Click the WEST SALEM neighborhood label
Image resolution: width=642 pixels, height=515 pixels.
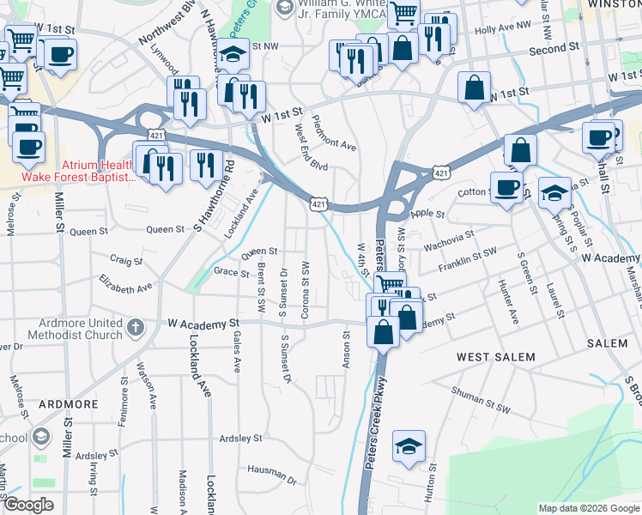pos(495,357)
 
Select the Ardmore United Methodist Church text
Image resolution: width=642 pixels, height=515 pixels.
pos(75,330)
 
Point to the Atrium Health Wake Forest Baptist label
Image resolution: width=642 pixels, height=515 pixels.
pos(98,172)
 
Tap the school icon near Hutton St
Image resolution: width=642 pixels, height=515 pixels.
pos(409,445)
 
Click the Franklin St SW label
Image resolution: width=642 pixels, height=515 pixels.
pos(468,261)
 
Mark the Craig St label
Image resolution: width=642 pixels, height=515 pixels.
pos(125,260)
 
